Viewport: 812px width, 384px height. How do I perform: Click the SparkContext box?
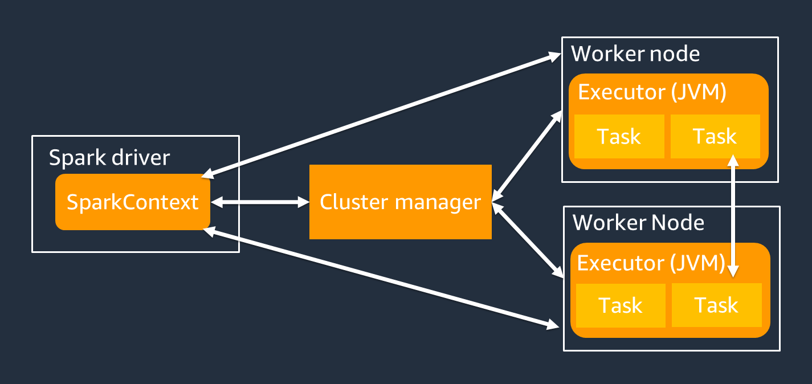(133, 202)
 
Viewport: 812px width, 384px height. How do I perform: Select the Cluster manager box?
(400, 202)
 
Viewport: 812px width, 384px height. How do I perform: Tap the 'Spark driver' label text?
(109, 157)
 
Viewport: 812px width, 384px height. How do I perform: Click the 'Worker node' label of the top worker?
(635, 54)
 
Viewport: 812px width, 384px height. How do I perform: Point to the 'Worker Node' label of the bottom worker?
(638, 222)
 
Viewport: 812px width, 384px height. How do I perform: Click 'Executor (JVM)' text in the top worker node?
(652, 92)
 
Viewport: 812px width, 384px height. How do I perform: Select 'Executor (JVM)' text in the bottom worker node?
(651, 263)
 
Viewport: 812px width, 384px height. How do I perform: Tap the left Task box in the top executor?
(619, 137)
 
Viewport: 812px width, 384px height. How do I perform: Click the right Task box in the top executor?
(715, 137)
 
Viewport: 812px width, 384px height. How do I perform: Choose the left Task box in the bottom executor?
(621, 305)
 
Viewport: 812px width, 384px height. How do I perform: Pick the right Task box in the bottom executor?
(717, 305)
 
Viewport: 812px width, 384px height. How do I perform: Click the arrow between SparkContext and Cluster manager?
(259, 202)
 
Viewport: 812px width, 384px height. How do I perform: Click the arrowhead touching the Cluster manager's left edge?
(303, 202)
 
